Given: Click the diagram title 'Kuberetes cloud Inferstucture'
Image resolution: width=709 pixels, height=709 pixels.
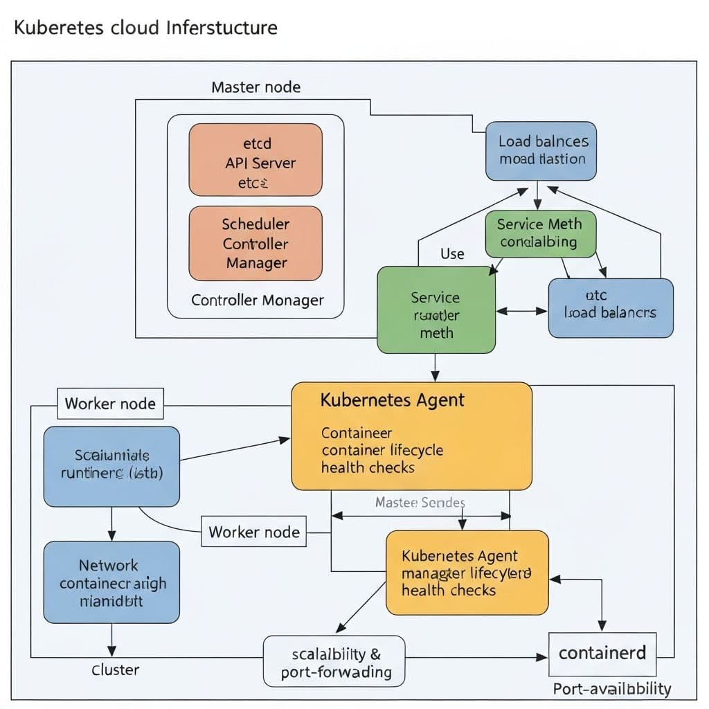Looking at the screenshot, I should (x=145, y=28).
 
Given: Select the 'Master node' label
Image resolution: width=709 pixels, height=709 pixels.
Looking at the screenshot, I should (x=255, y=87).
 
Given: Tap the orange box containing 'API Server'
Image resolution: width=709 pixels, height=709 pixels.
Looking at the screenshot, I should (x=255, y=159).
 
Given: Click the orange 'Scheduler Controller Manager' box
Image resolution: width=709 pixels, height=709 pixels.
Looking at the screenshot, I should (x=255, y=243).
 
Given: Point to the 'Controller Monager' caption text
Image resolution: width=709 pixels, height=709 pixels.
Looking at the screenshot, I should (x=257, y=300).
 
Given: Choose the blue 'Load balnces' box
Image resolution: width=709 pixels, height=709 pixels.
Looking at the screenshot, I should (x=541, y=151).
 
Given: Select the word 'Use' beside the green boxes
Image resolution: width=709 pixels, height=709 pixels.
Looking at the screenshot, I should (x=452, y=254).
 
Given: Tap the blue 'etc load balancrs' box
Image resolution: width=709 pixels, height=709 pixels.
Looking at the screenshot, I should (x=610, y=308).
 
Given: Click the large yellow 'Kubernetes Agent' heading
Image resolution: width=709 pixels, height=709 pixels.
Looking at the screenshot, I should (x=393, y=400).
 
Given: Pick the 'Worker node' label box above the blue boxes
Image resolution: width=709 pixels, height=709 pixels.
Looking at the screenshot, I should (x=110, y=404).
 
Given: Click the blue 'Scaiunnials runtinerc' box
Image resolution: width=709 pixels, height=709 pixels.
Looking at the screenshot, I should (x=111, y=466).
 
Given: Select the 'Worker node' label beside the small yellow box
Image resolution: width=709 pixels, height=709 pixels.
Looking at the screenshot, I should (x=254, y=532).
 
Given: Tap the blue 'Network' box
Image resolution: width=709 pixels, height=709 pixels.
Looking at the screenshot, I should (x=111, y=582).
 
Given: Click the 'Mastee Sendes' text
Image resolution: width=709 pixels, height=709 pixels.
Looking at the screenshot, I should (x=420, y=502).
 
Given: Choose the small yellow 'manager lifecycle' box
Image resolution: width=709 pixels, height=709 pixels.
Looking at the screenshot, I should (x=467, y=573).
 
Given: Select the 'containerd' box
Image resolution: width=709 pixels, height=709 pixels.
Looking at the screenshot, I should (x=602, y=653).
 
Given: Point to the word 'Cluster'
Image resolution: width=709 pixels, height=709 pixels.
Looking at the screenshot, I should (x=115, y=670).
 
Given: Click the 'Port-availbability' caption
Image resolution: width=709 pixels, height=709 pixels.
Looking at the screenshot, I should (x=612, y=689).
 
